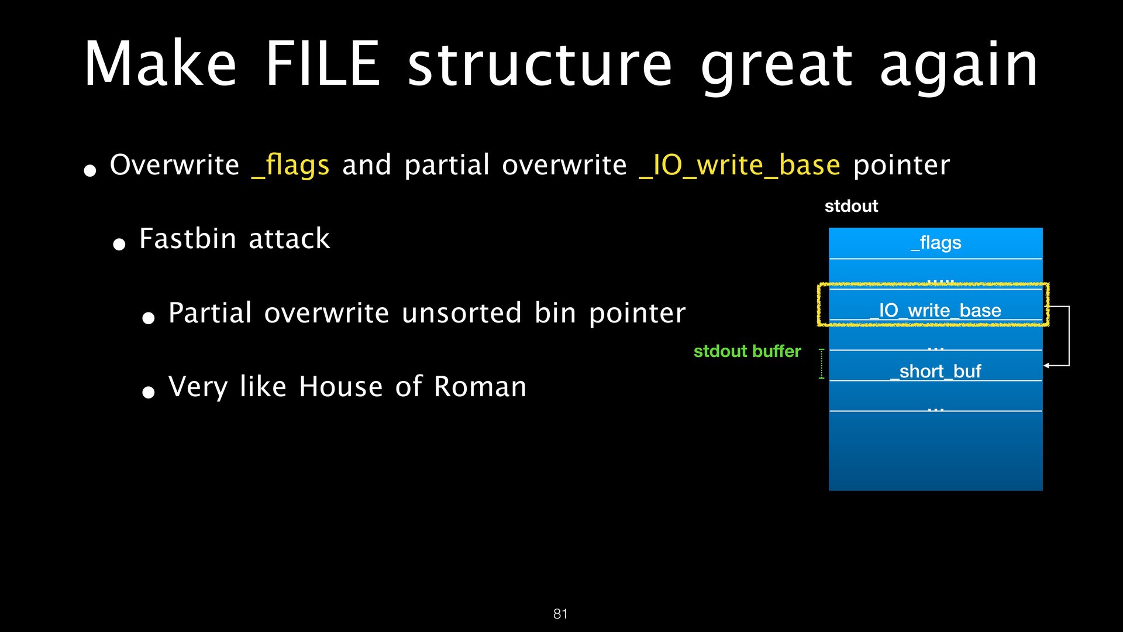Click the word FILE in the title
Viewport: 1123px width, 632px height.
pyautogui.click(x=323, y=64)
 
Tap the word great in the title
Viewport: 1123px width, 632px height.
pyautogui.click(x=777, y=66)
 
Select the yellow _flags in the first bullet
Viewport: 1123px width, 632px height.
pyautogui.click(x=290, y=166)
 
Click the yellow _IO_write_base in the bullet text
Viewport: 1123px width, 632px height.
pyautogui.click(x=739, y=166)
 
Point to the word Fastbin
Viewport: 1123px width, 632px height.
pyautogui.click(x=188, y=239)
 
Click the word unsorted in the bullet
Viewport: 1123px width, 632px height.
pyautogui.click(x=461, y=313)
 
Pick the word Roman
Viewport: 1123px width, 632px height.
pyautogui.click(x=480, y=387)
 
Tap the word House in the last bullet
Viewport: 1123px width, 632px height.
pyautogui.click(x=341, y=387)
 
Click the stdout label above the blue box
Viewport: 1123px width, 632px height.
pyautogui.click(x=851, y=206)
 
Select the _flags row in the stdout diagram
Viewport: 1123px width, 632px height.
pyautogui.click(x=936, y=243)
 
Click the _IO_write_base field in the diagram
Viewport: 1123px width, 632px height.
pyautogui.click(x=935, y=310)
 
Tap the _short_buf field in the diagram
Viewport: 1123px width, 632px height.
pyautogui.click(x=935, y=371)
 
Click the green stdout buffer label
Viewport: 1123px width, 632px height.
pyautogui.click(x=747, y=351)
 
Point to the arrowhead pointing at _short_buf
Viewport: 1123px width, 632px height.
pyautogui.click(x=1047, y=366)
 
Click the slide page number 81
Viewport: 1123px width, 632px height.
pyautogui.click(x=560, y=613)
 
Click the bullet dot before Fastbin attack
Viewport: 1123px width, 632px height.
pyautogui.click(x=119, y=244)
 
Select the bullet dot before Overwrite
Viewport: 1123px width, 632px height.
pyautogui.click(x=90, y=170)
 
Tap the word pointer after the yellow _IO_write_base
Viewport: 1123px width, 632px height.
pyautogui.click(x=901, y=166)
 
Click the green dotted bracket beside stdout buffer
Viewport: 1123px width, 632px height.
pyautogui.click(x=822, y=364)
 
